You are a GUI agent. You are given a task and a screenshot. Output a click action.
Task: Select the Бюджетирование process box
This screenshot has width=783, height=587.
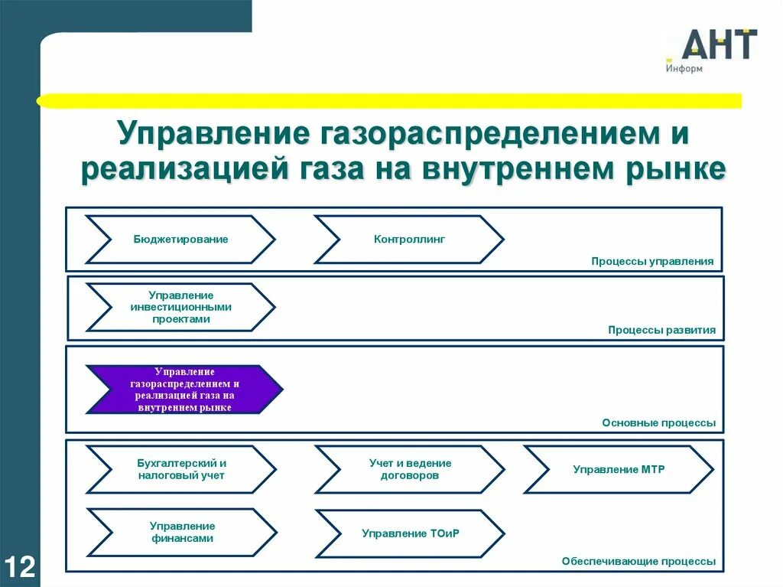pos(180,240)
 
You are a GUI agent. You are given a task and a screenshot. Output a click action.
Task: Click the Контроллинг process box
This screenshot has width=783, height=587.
pos(409,240)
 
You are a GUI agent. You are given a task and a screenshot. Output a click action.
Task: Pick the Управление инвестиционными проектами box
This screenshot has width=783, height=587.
pos(180,307)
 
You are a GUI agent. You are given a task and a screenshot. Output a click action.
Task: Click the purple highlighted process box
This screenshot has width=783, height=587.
pos(184,390)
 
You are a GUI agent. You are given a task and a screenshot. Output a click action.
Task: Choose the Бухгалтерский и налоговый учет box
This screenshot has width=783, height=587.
pos(181,469)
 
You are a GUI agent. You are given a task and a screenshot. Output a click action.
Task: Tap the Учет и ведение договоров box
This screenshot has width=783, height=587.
pos(410,469)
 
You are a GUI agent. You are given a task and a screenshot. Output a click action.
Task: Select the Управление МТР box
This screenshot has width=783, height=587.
pos(619,469)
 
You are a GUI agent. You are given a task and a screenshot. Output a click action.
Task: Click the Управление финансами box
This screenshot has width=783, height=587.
pos(181,532)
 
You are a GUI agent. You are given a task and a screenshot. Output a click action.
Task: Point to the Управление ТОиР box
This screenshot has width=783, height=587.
pos(410,533)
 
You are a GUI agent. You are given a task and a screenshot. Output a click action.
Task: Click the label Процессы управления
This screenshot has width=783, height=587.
pos(651,262)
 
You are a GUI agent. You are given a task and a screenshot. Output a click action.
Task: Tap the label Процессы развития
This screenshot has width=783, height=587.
pos(661,331)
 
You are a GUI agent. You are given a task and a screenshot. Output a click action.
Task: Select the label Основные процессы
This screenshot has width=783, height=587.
pos(658,422)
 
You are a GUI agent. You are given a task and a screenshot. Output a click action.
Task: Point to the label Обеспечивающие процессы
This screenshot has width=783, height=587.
pos(638,561)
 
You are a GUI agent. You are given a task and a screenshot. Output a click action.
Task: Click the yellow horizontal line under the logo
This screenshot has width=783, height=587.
pos(390,100)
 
